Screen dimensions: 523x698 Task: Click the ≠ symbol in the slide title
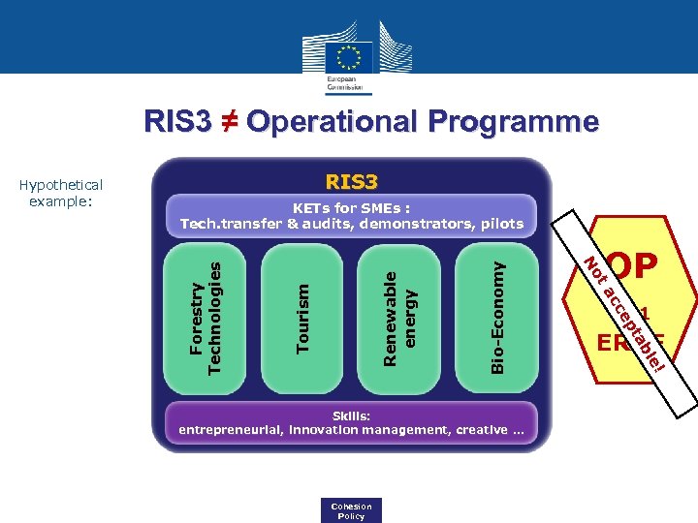(229, 122)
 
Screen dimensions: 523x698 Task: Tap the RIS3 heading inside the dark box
(351, 181)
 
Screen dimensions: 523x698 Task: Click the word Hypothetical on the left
(60, 185)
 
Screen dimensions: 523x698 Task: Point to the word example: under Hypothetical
(60, 200)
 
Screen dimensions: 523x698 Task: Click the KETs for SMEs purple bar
(351, 215)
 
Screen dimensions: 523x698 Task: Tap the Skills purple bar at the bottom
(351, 422)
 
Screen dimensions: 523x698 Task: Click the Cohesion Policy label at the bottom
(351, 510)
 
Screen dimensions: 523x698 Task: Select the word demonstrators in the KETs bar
(420, 224)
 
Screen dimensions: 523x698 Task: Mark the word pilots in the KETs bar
(501, 224)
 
